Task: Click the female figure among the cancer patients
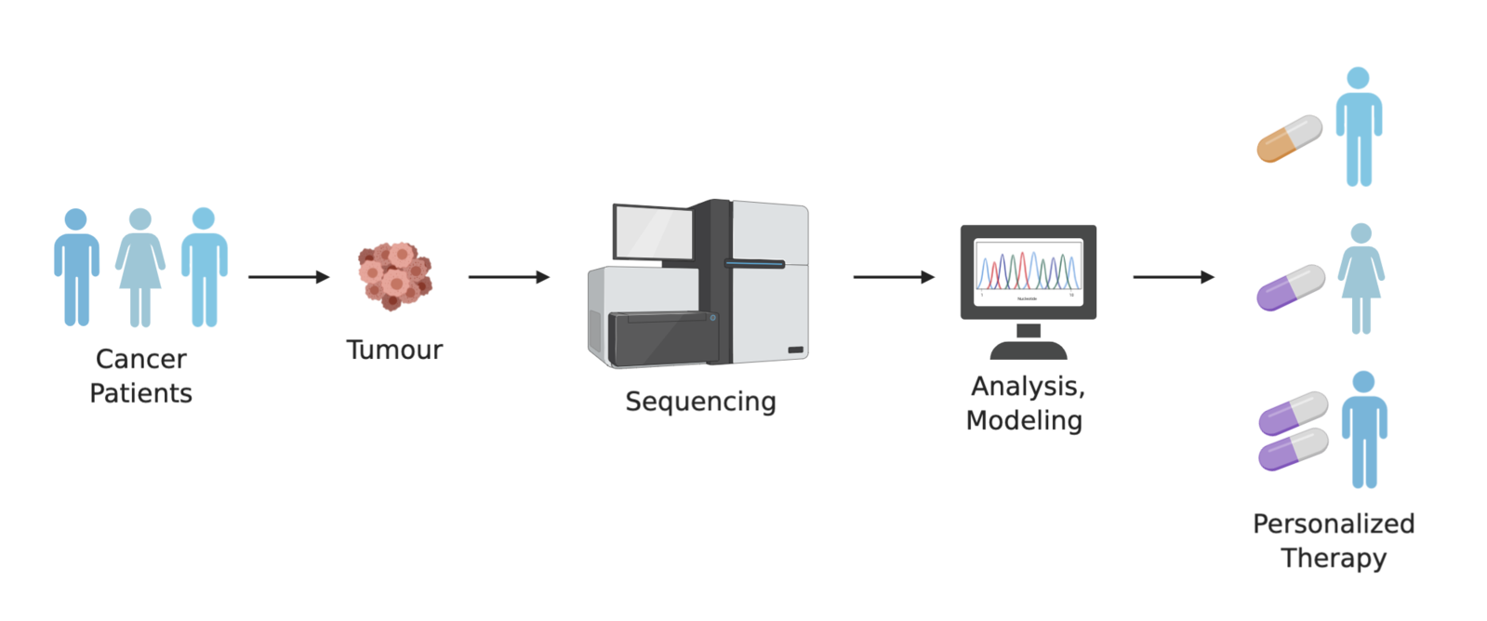point(140,267)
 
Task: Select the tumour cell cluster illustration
point(395,276)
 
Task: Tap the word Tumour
point(394,350)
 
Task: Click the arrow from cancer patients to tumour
point(288,277)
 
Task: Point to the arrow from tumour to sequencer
point(509,277)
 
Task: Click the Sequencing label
point(700,402)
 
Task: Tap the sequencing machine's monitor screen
point(653,232)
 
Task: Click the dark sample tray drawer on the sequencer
point(662,338)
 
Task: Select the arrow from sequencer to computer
point(894,277)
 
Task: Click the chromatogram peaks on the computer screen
point(1028,271)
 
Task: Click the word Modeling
point(1024,420)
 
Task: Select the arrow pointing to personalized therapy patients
point(1174,277)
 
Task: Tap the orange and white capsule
point(1289,139)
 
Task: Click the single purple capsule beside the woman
point(1290,287)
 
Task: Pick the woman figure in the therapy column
point(1361,278)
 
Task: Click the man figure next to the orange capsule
point(1359,126)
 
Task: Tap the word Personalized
point(1333,523)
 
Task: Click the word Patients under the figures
point(140,393)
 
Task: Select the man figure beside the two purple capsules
point(1363,429)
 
